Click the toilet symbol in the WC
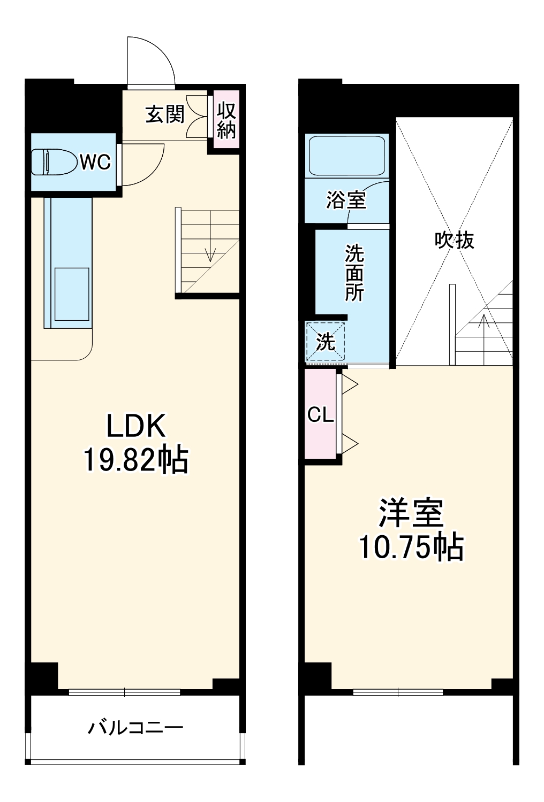(x=54, y=161)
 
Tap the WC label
(x=95, y=161)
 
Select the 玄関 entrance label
(x=165, y=114)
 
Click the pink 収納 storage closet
(x=226, y=121)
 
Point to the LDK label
(x=136, y=427)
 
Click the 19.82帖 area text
(x=136, y=460)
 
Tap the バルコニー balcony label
(x=136, y=728)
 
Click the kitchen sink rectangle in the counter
(x=71, y=295)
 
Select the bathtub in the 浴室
(x=346, y=155)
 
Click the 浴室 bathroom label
(x=346, y=200)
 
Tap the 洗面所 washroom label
(x=354, y=273)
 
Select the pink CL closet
(x=321, y=414)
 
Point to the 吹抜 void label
(x=454, y=240)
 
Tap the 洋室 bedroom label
(x=411, y=513)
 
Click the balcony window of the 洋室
(x=398, y=692)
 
